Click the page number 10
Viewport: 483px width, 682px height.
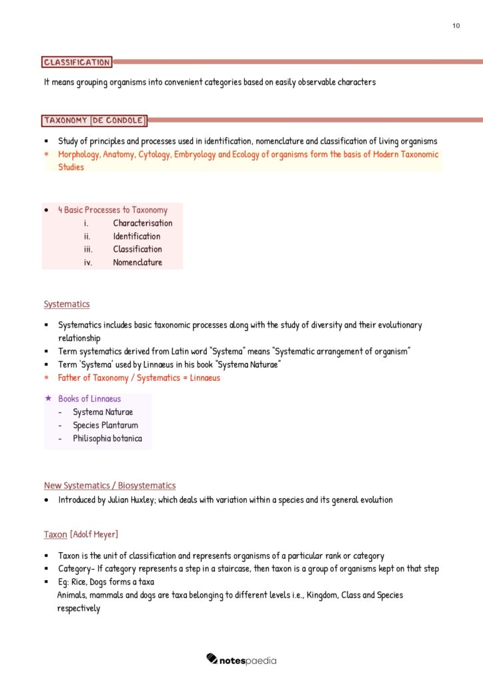point(456,25)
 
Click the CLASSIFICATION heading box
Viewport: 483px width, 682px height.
point(77,62)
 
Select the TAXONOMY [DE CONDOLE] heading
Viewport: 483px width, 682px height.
point(94,121)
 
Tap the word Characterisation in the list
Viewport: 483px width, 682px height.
point(142,223)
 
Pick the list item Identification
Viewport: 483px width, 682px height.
point(136,236)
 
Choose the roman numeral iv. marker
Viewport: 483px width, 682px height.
point(87,262)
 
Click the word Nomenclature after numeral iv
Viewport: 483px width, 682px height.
point(137,262)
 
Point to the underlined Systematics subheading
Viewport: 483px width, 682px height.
point(66,304)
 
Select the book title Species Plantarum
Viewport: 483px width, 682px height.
point(105,426)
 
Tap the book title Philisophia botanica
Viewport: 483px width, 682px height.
point(107,439)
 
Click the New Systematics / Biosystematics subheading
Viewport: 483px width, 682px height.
point(109,486)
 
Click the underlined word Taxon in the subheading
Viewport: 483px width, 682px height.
point(55,535)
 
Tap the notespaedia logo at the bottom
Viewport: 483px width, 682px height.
point(241,660)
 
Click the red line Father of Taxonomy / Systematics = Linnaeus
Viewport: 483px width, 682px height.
point(139,378)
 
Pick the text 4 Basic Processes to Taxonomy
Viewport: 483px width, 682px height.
point(113,210)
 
